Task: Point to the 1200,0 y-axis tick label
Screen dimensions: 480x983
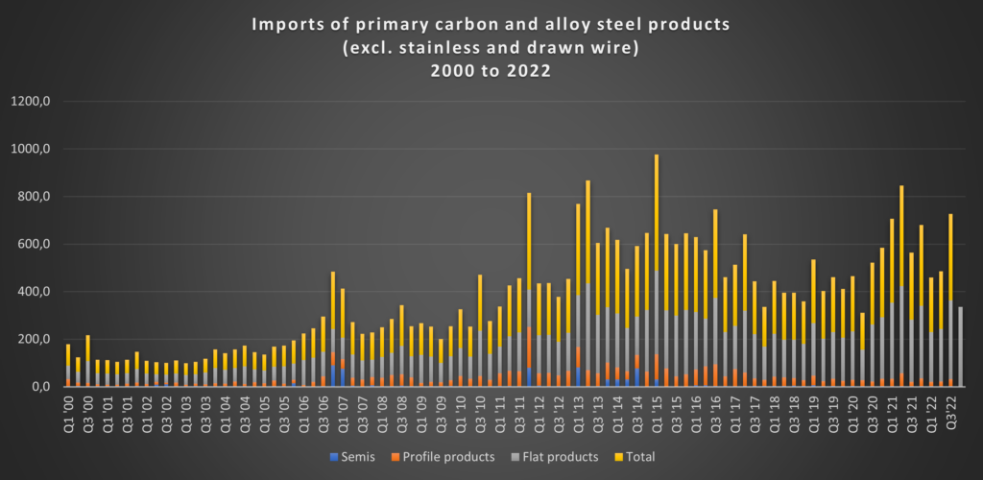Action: (43, 102)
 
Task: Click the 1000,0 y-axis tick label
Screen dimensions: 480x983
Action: (43, 150)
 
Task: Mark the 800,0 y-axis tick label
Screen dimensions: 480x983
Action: (45, 197)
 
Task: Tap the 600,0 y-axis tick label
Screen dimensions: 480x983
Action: (45, 244)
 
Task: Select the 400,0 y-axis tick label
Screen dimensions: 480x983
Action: (45, 292)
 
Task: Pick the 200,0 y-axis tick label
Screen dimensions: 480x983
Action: (45, 339)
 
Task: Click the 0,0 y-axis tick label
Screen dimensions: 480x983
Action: (50, 386)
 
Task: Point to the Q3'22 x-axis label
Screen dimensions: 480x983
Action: (950, 409)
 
